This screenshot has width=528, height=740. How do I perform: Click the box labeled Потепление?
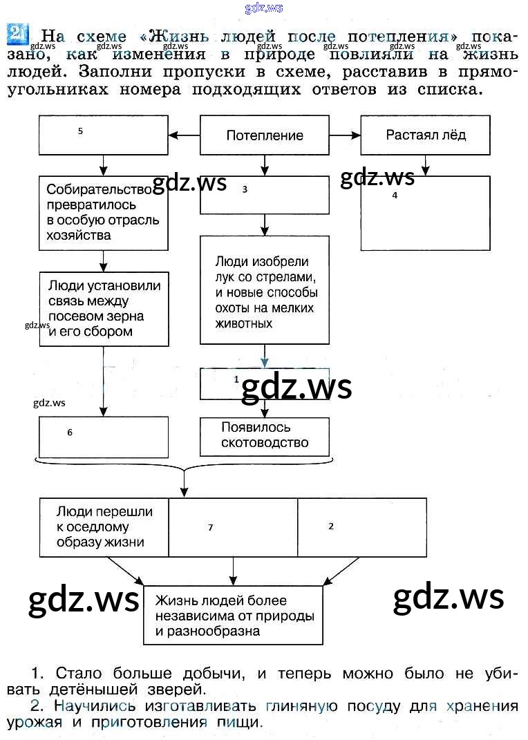click(265, 135)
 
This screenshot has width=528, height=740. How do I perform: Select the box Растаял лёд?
click(426, 135)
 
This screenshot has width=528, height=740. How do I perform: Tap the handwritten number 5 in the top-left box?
click(81, 131)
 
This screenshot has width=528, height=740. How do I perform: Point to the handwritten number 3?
click(245, 189)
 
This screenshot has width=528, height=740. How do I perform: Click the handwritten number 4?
click(395, 196)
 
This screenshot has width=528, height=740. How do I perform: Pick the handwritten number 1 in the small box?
click(236, 379)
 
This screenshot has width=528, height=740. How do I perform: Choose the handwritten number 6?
click(70, 433)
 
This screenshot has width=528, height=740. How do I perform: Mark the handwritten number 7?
click(210, 528)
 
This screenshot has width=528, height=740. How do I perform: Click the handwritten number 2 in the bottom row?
click(331, 526)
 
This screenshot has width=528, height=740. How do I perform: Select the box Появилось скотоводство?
click(265, 436)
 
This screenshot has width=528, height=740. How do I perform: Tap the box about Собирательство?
click(104, 213)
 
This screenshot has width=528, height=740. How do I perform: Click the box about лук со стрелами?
click(265, 291)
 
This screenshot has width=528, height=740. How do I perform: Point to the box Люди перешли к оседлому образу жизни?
click(104, 527)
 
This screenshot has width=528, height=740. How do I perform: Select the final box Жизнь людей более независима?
click(234, 616)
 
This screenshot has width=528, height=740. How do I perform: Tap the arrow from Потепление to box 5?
click(184, 135)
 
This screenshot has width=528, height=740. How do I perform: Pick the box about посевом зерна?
click(104, 308)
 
